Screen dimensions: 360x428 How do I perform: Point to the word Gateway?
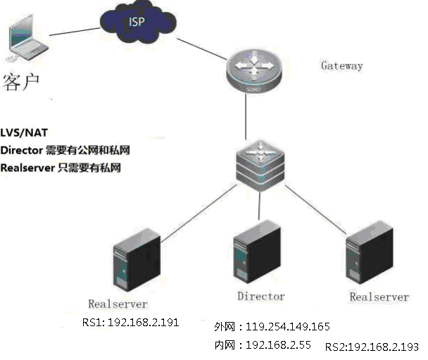(x=342, y=66)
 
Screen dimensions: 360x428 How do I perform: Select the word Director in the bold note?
(x=21, y=150)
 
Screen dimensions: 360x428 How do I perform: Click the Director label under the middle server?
(x=260, y=297)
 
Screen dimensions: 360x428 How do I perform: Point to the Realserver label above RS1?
(x=118, y=304)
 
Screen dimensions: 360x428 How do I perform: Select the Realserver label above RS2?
(x=379, y=297)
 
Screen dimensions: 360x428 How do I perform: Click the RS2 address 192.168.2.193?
(x=383, y=347)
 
